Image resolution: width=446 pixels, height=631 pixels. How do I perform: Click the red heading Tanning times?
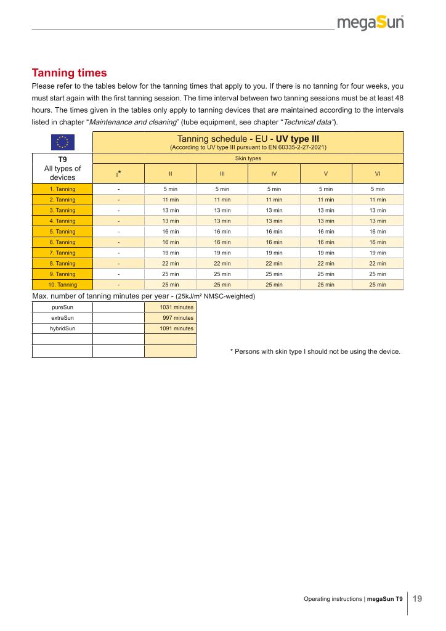pos(69,73)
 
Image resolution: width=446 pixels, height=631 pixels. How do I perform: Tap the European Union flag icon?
pos(62,142)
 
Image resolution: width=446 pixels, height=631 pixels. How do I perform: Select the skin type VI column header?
pos(378,174)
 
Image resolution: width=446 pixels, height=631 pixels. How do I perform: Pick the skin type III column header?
pos(222,174)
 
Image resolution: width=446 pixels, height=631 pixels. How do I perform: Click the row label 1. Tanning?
pos(62,189)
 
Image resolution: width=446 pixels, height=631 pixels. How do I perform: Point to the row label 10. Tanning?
pos(62,285)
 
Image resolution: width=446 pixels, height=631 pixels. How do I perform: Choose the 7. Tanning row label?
pos(62,253)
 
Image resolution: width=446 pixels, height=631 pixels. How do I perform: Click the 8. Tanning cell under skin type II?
pos(170,263)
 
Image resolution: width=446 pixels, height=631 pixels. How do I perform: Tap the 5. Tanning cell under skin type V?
pos(326,232)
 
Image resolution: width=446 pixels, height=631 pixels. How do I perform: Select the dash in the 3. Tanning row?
pos(118,210)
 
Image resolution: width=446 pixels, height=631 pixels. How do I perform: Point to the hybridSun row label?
pos(62,328)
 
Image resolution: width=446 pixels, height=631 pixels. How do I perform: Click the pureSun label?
pos(62,307)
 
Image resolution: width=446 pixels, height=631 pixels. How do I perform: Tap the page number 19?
pos(417,598)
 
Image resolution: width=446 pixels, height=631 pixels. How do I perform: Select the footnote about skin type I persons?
pos(315,352)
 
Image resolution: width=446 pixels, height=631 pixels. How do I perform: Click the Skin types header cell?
pos(248,158)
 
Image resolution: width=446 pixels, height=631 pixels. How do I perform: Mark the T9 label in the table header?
pos(62,159)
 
